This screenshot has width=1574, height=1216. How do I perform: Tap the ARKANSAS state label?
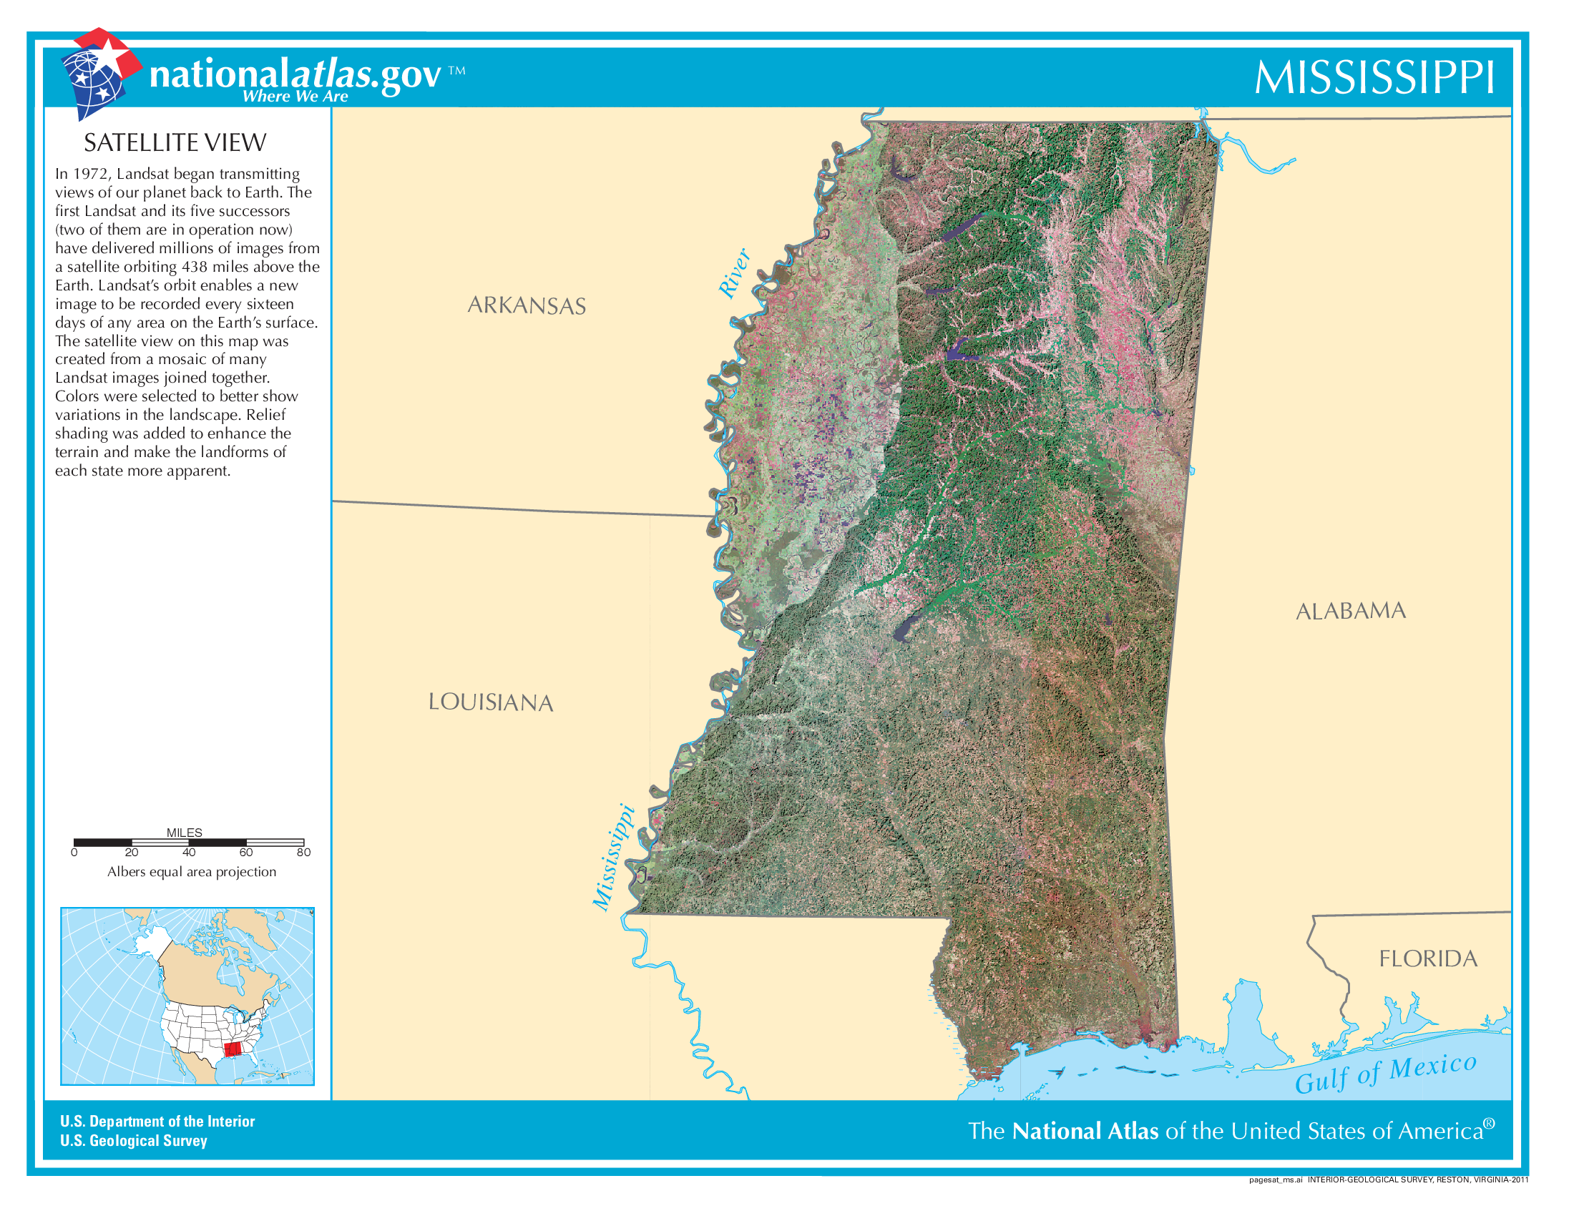click(526, 305)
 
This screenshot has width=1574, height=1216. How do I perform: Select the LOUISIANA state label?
click(490, 702)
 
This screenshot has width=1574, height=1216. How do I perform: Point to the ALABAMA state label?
click(1351, 611)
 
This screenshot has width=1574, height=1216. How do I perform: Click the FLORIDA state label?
click(1428, 958)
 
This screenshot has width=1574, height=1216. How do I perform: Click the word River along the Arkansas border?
click(734, 273)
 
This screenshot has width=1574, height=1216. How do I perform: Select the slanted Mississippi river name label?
click(613, 857)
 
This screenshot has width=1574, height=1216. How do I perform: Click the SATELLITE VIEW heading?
click(175, 142)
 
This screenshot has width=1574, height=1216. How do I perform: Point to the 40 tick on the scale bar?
click(189, 852)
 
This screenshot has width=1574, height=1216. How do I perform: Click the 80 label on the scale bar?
click(303, 852)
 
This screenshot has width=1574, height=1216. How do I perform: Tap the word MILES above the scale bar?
click(185, 832)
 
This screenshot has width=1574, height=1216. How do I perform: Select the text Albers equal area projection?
click(192, 872)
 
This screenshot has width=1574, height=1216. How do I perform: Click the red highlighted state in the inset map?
click(232, 1049)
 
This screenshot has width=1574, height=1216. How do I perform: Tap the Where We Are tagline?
click(295, 97)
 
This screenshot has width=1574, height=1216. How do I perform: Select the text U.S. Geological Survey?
click(134, 1140)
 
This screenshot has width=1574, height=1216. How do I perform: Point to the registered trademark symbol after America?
click(1489, 1124)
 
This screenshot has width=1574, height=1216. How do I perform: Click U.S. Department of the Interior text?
click(157, 1121)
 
